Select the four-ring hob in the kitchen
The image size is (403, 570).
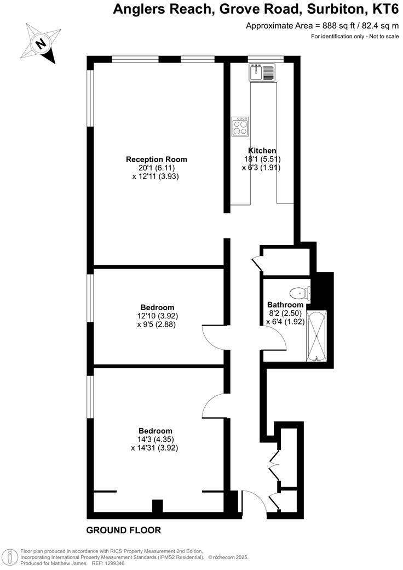(240, 127)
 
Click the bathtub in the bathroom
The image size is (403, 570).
(317, 335)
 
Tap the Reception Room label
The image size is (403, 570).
(157, 159)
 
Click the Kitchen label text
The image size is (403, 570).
(262, 151)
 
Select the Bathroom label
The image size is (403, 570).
(285, 305)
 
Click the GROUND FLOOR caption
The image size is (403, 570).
(124, 530)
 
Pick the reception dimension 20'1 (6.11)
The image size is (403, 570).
(156, 168)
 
